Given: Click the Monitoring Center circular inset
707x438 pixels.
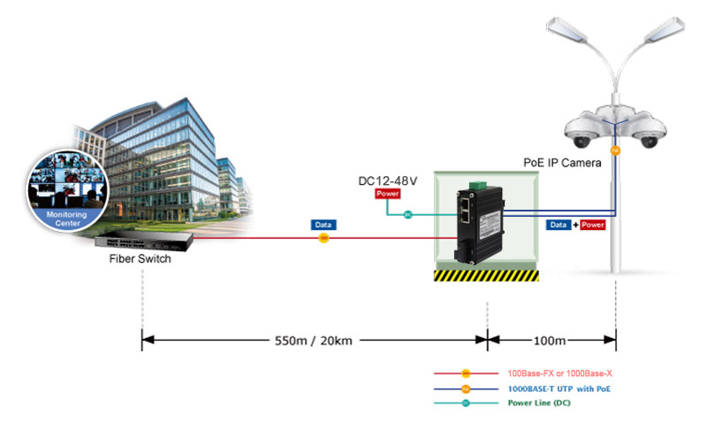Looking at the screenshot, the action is tap(68, 191).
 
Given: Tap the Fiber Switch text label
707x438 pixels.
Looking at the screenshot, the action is tap(141, 258).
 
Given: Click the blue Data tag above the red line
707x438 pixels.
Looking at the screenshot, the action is tap(323, 225).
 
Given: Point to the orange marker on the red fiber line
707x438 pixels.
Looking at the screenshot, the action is tap(323, 238).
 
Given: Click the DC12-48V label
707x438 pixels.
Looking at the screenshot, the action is tap(387, 181).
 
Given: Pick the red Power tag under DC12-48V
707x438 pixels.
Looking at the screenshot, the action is tap(388, 194).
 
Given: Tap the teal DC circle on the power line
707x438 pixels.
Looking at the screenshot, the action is tap(408, 214).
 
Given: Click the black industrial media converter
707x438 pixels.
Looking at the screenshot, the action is tap(479, 224).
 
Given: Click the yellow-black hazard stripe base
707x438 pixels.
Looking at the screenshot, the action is tap(486, 275).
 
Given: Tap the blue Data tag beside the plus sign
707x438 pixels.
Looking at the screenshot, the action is tap(559, 225).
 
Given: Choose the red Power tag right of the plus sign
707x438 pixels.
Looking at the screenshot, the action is tap(592, 225).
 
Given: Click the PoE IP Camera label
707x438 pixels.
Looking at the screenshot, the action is tap(562, 163).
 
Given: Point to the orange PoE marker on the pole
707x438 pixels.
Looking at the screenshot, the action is tap(615, 150).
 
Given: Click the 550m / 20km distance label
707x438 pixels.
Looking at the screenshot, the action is tap(314, 341).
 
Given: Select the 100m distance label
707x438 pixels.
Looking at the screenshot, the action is tap(549, 341).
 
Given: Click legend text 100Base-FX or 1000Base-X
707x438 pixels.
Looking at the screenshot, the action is tap(560, 373).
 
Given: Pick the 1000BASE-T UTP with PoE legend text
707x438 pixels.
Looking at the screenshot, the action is tap(559, 388).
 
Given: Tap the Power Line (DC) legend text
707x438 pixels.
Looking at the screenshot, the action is tap(539, 403).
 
